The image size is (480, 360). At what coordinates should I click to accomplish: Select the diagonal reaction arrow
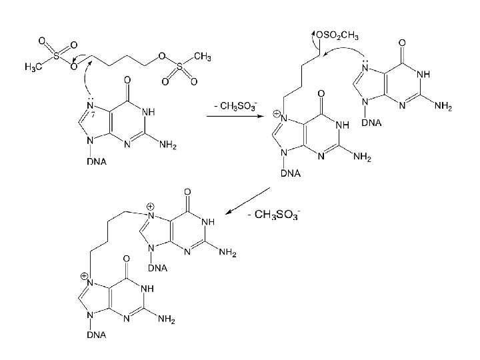click(247, 202)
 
